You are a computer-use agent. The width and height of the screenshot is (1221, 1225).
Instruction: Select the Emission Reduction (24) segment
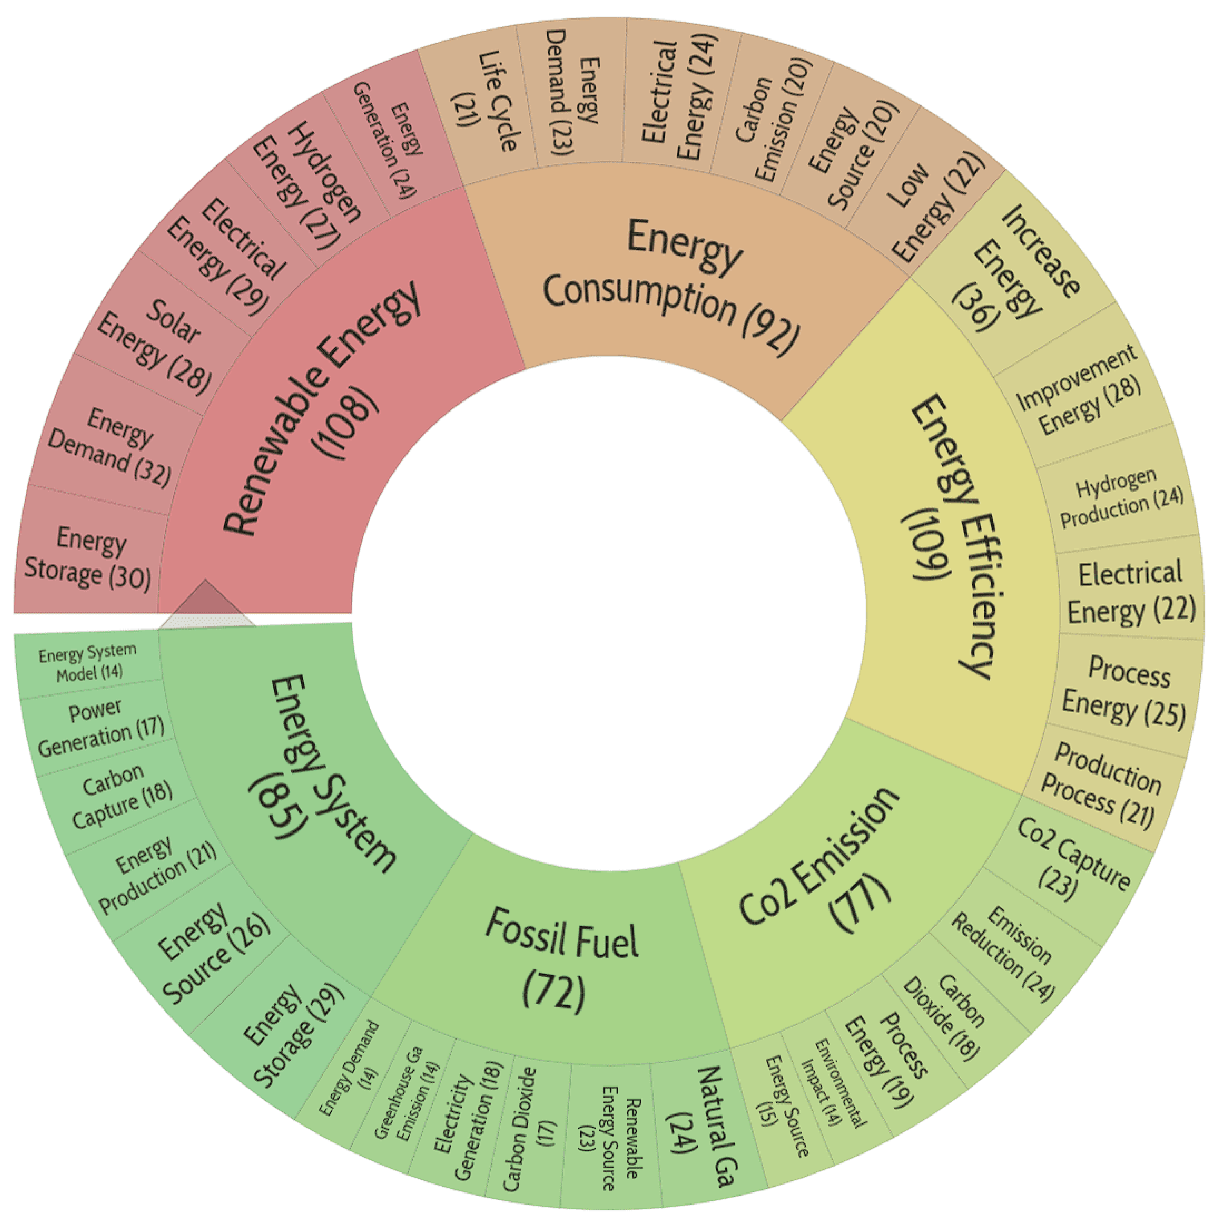tap(1002, 951)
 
